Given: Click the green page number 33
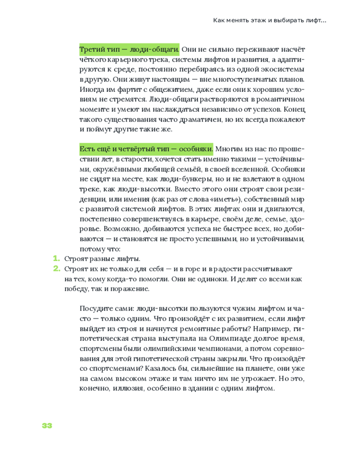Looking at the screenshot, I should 47,426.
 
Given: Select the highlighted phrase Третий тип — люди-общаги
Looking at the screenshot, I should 130,49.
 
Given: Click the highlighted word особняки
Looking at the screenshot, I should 196,148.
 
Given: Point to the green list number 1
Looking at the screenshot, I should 56,259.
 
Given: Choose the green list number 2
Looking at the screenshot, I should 56,269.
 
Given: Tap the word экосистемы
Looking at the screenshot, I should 281,70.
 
